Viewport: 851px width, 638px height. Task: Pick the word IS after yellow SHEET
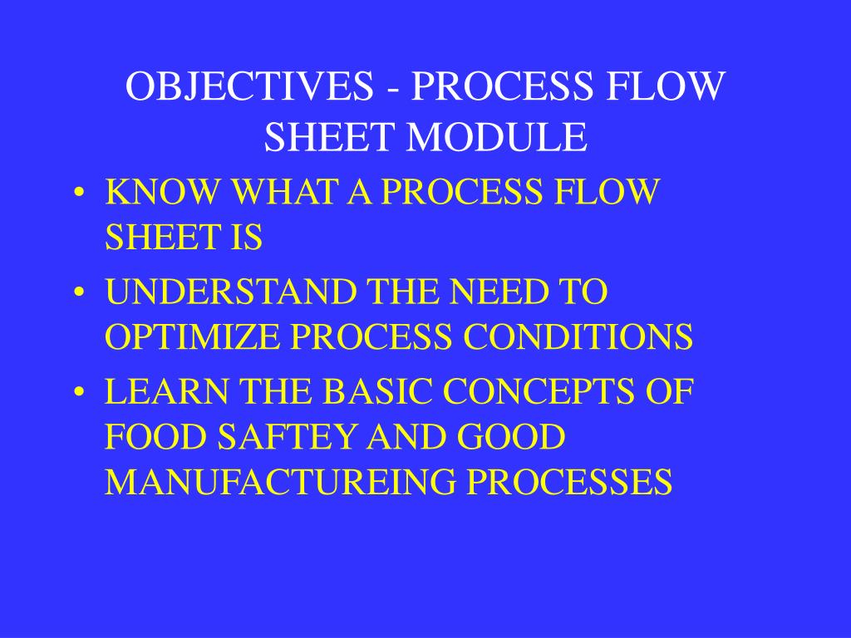point(247,238)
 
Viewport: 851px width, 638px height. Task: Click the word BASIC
point(378,391)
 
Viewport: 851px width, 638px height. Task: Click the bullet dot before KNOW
point(79,194)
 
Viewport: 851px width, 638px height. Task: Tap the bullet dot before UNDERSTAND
point(79,292)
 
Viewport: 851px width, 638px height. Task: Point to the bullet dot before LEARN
point(79,392)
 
